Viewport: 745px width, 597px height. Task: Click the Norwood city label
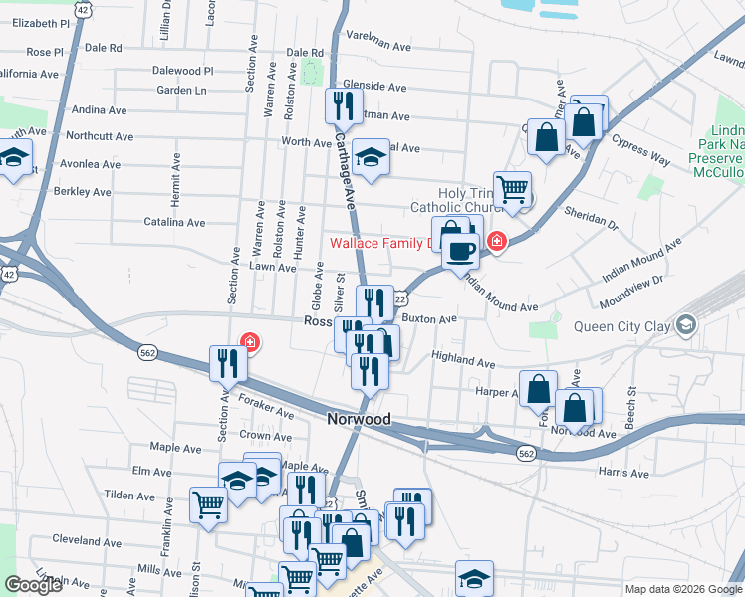(359, 420)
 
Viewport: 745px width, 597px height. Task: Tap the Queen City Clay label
(621, 326)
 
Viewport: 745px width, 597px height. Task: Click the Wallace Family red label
(384, 243)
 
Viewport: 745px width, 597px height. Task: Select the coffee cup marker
(459, 252)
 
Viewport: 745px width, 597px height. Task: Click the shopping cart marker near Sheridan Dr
(512, 188)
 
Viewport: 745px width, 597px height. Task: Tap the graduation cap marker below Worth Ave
(371, 159)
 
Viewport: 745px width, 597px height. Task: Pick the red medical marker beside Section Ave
(249, 343)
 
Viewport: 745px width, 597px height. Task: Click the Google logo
(33, 585)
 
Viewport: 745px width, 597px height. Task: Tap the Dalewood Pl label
(183, 71)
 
